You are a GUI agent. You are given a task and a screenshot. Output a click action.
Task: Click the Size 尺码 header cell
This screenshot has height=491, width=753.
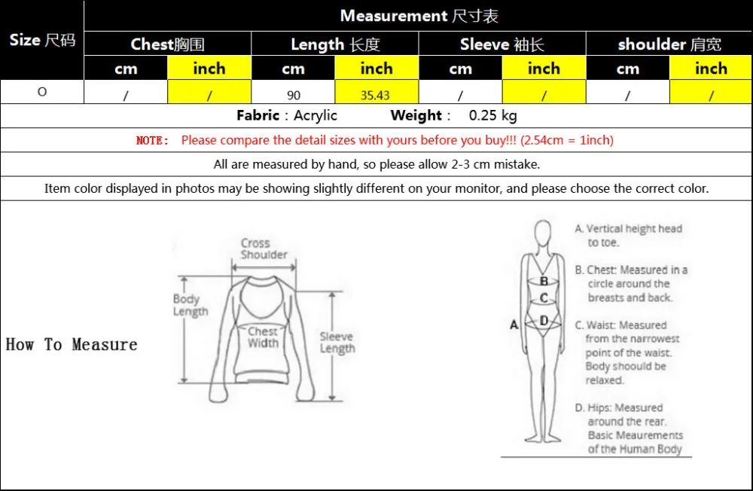[x=42, y=40]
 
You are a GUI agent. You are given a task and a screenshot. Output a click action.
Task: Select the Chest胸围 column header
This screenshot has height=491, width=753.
[x=167, y=44]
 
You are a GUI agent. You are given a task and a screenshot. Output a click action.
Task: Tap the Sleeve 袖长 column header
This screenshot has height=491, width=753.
[x=501, y=44]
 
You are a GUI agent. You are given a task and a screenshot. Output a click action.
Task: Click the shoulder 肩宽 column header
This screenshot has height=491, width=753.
[x=669, y=44]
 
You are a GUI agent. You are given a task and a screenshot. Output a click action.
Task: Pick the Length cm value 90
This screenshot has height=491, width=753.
[x=293, y=93]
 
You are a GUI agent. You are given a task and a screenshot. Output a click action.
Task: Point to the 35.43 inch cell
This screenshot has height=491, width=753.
[x=376, y=93]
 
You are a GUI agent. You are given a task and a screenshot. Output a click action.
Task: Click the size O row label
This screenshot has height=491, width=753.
[x=42, y=92]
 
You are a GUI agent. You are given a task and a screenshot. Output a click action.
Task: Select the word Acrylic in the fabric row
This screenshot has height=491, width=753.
[x=316, y=116]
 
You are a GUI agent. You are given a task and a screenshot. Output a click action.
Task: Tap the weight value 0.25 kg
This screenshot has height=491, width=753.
[x=492, y=116]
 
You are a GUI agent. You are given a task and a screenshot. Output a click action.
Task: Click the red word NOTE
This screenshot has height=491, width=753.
[x=152, y=140]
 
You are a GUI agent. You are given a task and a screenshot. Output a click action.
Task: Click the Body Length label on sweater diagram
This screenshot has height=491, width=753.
[x=189, y=305]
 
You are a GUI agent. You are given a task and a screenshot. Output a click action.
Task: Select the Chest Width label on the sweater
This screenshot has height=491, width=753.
[x=263, y=337]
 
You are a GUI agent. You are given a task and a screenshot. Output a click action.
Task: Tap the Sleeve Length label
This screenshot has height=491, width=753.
[x=337, y=343]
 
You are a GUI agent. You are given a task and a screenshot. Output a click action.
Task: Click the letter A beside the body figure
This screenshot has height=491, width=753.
[x=514, y=325]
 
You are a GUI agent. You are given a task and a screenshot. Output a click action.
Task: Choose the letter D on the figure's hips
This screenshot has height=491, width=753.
[x=544, y=320]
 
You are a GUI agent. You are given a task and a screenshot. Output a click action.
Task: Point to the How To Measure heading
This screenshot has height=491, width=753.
[x=72, y=345]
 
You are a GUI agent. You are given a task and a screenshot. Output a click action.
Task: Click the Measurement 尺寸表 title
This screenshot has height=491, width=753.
[x=419, y=16]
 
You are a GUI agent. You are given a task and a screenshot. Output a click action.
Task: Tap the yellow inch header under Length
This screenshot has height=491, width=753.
[x=376, y=69]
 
